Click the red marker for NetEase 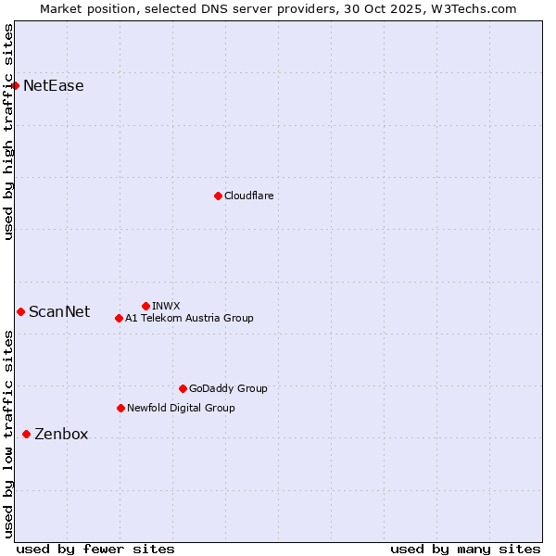coord(15,86)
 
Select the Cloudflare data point coord(218,196)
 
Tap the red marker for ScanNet coord(20,311)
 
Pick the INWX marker coord(145,306)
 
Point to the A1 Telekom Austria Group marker coord(119,318)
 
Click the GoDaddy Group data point coord(183,388)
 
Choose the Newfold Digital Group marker coord(120,408)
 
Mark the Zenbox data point coord(26,434)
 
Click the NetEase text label coord(53,86)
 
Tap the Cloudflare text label coord(248,196)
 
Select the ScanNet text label coord(59,311)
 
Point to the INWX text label coord(166,306)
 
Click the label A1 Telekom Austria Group coord(189,318)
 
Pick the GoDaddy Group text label coord(228,388)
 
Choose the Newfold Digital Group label coord(181,408)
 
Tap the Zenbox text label coord(61,434)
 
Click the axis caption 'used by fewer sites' coord(95,549)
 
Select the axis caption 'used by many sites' coord(465,549)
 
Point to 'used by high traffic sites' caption coord(9,132)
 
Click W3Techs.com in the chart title coord(475,8)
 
